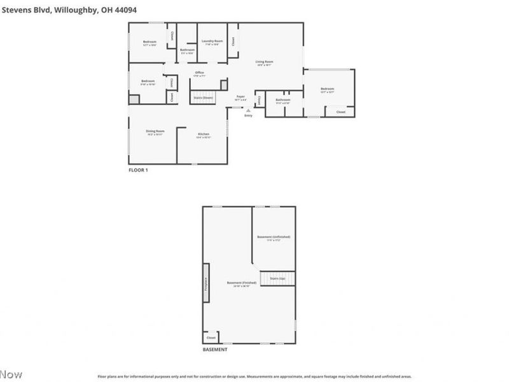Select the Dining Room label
[x=155, y=132]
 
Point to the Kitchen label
[x=204, y=134]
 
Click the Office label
[x=199, y=74]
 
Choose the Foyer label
[x=241, y=97]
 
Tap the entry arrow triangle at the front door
[x=248, y=110]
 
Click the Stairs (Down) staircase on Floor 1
[x=204, y=97]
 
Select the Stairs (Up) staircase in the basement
[x=278, y=278]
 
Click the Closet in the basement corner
[x=211, y=337]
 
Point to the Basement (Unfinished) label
[x=274, y=238]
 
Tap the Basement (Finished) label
[x=242, y=283]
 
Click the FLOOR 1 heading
[x=138, y=170]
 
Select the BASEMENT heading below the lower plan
[x=214, y=350]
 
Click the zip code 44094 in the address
[x=125, y=10]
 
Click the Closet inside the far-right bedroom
[x=340, y=111]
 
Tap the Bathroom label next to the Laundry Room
[x=187, y=50]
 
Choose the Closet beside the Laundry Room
[x=234, y=41]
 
